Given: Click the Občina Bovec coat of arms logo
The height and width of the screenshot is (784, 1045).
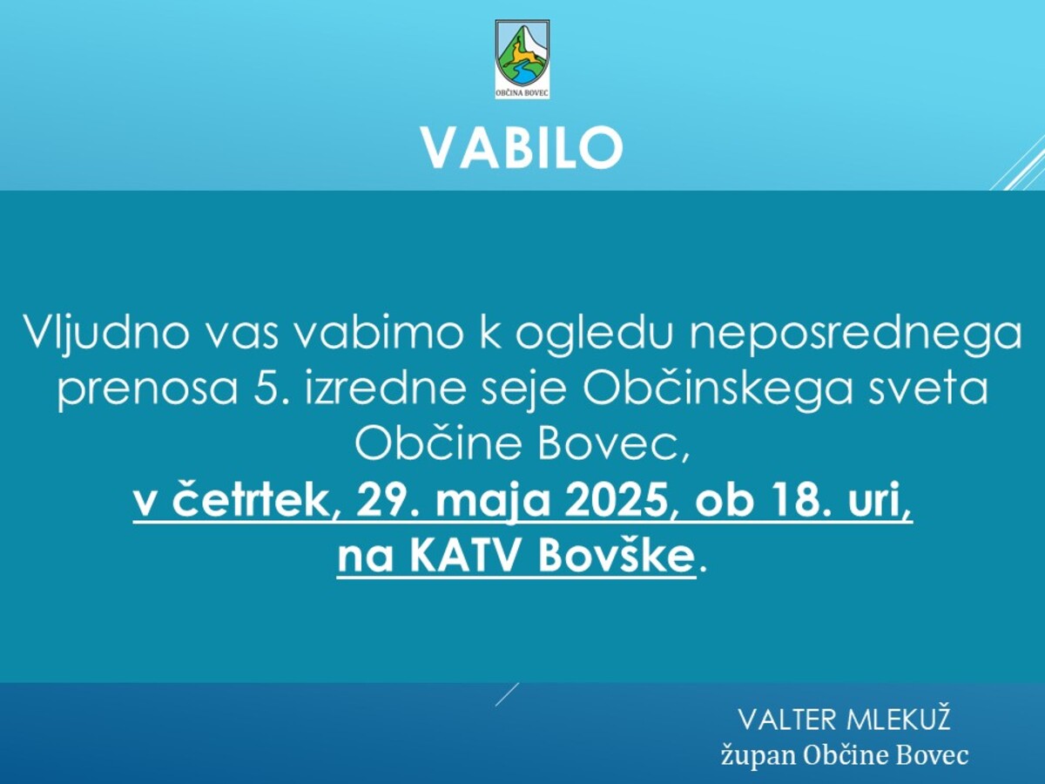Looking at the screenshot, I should pyautogui.click(x=522, y=58).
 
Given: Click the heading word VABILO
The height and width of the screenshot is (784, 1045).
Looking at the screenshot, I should pyautogui.click(x=522, y=147).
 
